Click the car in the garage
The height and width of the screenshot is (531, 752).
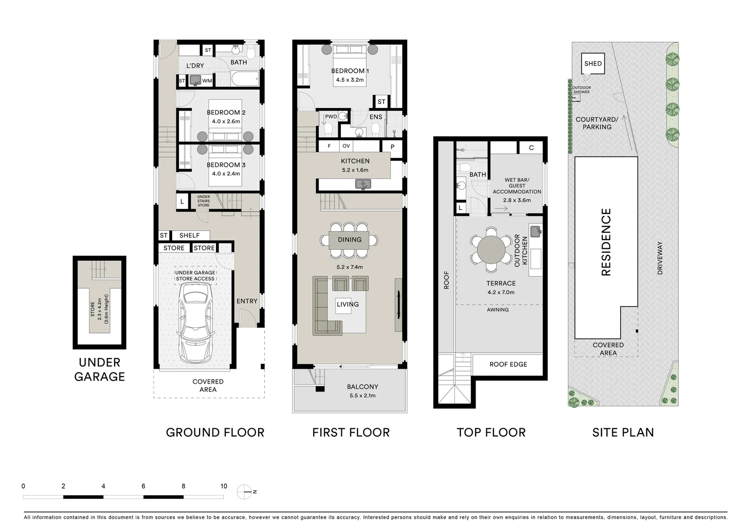195,323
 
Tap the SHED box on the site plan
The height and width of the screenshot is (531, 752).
593,63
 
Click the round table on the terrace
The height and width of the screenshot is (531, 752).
491,250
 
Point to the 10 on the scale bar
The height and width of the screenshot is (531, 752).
224,486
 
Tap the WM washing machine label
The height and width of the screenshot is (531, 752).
207,81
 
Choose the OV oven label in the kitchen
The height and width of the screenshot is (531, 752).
346,146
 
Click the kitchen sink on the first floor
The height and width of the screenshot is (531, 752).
363,184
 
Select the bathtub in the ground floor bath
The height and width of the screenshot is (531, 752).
245,79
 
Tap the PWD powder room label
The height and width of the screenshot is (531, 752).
331,117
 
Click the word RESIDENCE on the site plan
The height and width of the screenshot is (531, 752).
606,242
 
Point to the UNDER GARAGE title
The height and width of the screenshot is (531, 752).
99,370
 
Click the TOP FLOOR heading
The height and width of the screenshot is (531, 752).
491,432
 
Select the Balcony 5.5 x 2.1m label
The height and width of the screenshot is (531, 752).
362,391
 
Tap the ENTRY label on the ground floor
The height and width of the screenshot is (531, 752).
247,301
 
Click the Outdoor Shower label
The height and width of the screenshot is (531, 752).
581,89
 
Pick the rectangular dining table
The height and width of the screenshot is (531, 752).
349,240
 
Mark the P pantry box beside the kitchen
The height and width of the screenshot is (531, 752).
392,147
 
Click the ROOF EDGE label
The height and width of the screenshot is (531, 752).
508,364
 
